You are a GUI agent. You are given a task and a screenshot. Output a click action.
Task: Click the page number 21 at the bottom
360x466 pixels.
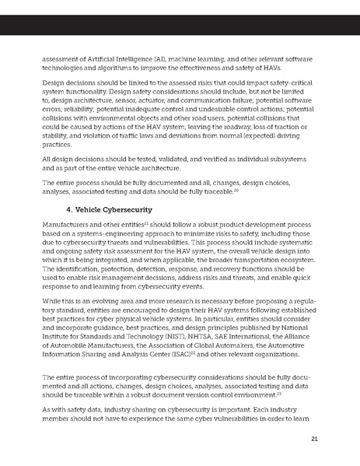pyautogui.click(x=314, y=440)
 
